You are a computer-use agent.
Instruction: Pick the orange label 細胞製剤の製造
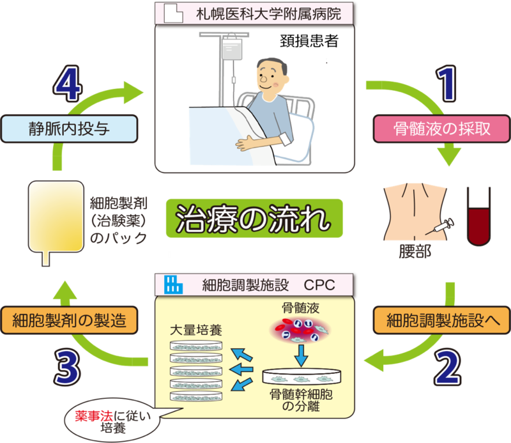click(70, 318)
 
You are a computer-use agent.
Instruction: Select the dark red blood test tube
click(478, 217)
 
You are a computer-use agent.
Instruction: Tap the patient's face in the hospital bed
click(268, 77)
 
